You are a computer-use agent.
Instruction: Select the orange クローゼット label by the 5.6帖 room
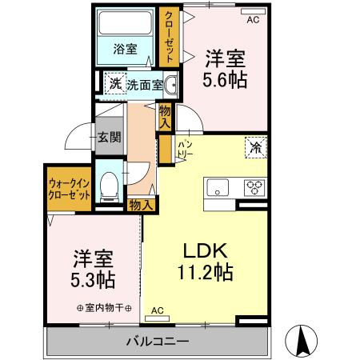(169, 35)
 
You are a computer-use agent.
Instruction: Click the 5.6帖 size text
(226, 79)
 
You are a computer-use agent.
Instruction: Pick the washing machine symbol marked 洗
(115, 83)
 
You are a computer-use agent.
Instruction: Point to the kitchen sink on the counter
(218, 189)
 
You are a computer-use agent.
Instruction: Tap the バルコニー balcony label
(157, 342)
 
